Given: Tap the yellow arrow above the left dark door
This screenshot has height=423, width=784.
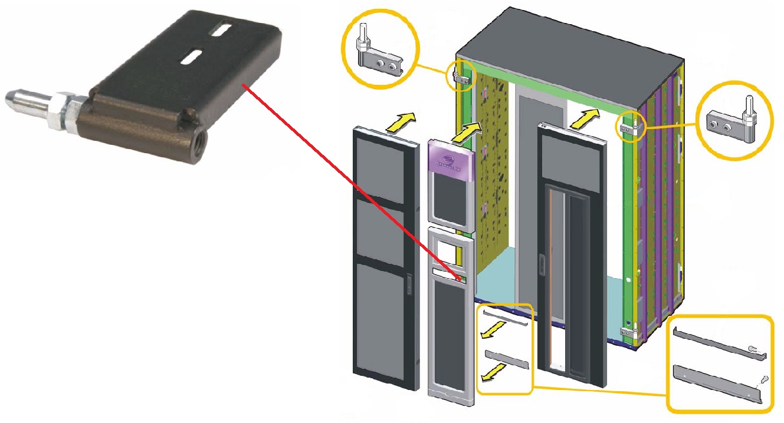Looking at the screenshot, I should pyautogui.click(x=398, y=121).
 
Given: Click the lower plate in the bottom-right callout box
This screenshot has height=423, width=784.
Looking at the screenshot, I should pyautogui.click(x=716, y=383).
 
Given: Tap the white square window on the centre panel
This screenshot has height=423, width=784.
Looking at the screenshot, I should pyautogui.click(x=449, y=254).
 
